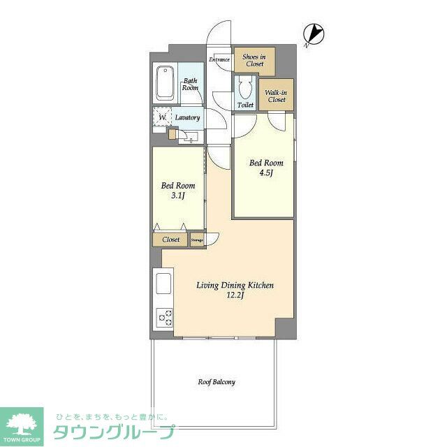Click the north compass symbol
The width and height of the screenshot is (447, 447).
[x=313, y=34]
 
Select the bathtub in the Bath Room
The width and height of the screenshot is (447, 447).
[x=165, y=83]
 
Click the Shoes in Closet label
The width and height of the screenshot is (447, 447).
[x=254, y=60]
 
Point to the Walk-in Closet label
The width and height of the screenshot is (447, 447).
[x=277, y=96]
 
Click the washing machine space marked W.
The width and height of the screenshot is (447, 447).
[x=163, y=117]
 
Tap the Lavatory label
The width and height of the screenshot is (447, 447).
[x=188, y=117]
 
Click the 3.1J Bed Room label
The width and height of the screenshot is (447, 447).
[x=178, y=191]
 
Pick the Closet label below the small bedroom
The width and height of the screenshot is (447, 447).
[x=171, y=240]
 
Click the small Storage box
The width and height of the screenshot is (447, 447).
[x=196, y=240]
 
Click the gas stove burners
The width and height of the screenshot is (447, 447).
[x=165, y=319]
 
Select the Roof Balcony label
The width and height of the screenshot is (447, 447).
[x=216, y=382]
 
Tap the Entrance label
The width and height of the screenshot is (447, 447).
[x=219, y=59]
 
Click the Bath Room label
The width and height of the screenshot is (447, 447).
[x=190, y=85]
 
